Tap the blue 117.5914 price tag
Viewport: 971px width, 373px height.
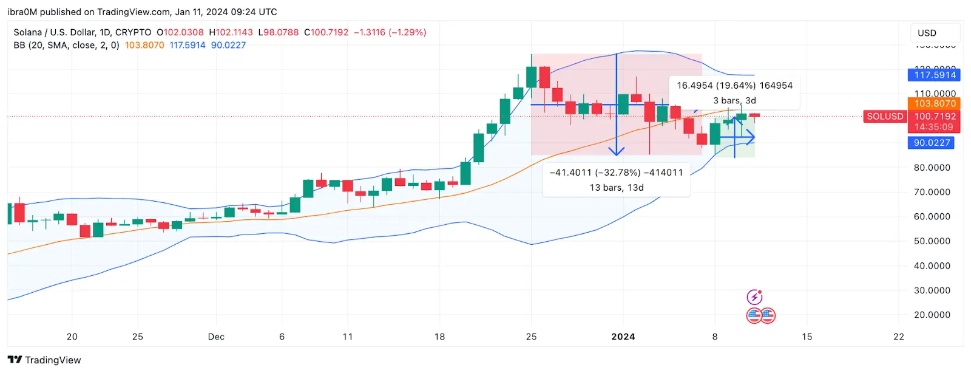pyautogui.click(x=935, y=75)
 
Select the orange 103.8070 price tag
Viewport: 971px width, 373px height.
pyautogui.click(x=935, y=103)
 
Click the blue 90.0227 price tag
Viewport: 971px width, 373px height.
pyautogui.click(x=932, y=143)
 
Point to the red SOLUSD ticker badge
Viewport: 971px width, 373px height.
pyautogui.click(x=885, y=116)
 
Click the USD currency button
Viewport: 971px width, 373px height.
pyautogui.click(x=935, y=33)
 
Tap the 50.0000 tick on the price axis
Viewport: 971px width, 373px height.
pyautogui.click(x=932, y=241)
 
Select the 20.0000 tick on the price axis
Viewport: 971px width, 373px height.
pyautogui.click(x=932, y=315)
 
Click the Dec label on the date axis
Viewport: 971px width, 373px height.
pyautogui.click(x=216, y=337)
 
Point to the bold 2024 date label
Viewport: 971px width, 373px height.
pyautogui.click(x=623, y=337)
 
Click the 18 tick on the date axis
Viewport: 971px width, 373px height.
pyautogui.click(x=439, y=337)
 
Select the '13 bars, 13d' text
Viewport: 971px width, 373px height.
pyautogui.click(x=616, y=188)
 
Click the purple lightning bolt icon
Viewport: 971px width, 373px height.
pyautogui.click(x=754, y=297)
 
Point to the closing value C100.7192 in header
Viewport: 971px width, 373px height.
pyautogui.click(x=326, y=32)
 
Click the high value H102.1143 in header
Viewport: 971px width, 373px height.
pyautogui.click(x=231, y=32)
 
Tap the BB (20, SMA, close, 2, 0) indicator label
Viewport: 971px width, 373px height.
pyautogui.click(x=66, y=45)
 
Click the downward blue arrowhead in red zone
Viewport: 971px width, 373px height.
pyautogui.click(x=617, y=151)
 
